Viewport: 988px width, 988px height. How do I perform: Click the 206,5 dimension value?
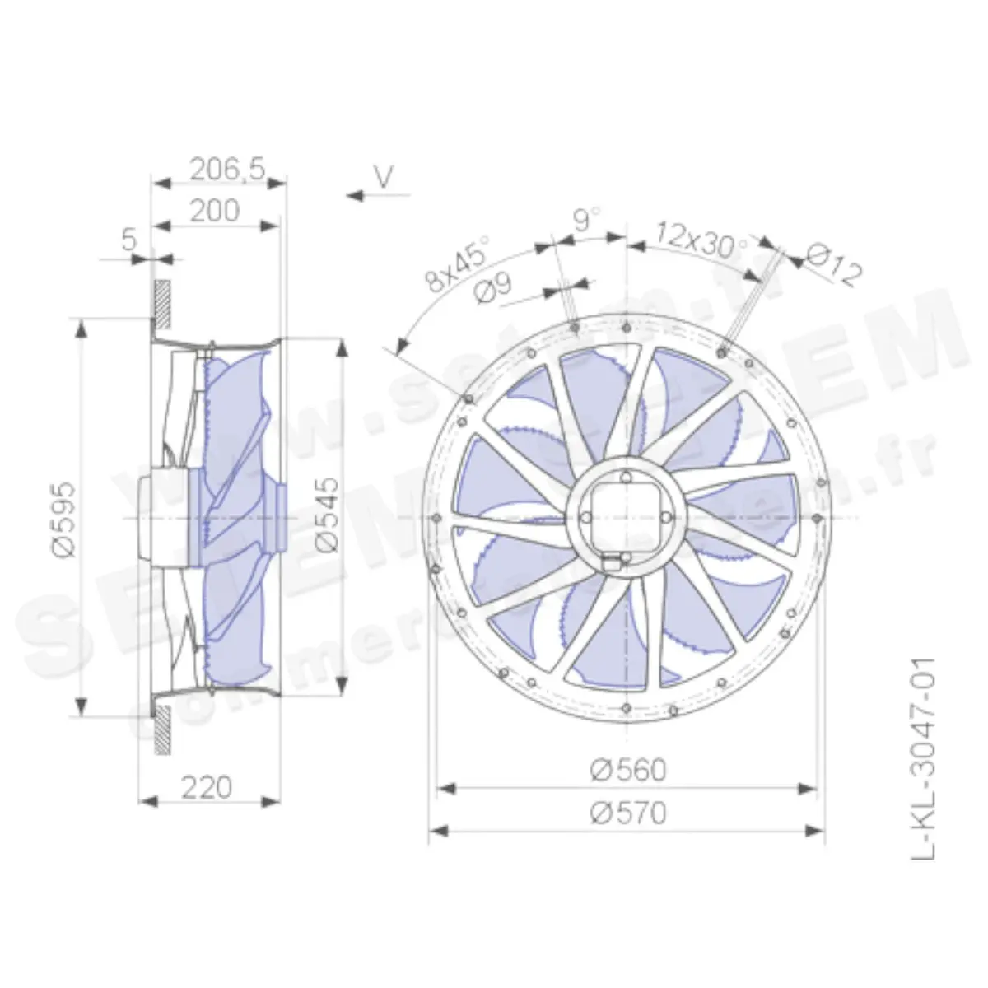227,169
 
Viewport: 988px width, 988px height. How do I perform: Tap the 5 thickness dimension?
128,241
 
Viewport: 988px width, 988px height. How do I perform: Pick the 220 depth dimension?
206,788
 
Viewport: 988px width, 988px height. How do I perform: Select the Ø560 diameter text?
628,770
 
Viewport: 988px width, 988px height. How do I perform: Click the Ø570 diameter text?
628,813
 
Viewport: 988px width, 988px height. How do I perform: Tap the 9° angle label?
587,221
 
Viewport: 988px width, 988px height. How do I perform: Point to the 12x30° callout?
702,238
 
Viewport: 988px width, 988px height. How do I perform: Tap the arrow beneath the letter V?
378,196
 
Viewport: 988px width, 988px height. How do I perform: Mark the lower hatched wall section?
163,728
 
